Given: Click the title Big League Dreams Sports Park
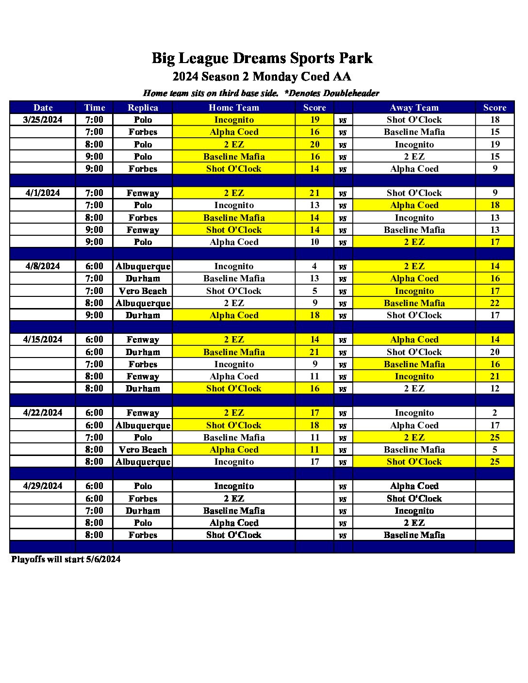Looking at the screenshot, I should pyautogui.click(x=262, y=58).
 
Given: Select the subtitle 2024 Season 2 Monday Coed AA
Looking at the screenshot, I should pyautogui.click(x=262, y=77).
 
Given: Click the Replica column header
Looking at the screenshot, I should pyautogui.click(x=143, y=108).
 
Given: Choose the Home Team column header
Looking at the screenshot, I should pyautogui.click(x=234, y=108).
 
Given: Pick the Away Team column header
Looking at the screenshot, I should pyautogui.click(x=414, y=108).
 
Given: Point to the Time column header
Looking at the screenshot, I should pyautogui.click(x=94, y=108).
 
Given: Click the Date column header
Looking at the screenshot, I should pyautogui.click(x=43, y=108).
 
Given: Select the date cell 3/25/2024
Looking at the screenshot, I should pyautogui.click(x=43, y=120).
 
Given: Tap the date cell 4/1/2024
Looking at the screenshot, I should pyautogui.click(x=43, y=193).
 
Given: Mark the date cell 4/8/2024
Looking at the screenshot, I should pyautogui.click(x=43, y=266).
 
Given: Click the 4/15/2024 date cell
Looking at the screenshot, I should pyautogui.click(x=43, y=340).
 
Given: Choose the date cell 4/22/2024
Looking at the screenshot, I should pyautogui.click(x=43, y=413).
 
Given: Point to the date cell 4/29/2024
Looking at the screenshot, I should pyautogui.click(x=43, y=486).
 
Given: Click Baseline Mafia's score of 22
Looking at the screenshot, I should pyautogui.click(x=495, y=303).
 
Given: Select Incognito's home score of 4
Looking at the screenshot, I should pyautogui.click(x=314, y=266).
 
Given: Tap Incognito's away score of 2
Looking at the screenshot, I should pyautogui.click(x=495, y=413).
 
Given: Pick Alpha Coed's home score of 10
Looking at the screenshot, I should pyautogui.click(x=314, y=242).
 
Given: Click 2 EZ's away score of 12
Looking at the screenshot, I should pyautogui.click(x=495, y=389).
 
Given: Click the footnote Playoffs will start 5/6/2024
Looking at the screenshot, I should pyautogui.click(x=66, y=559).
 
